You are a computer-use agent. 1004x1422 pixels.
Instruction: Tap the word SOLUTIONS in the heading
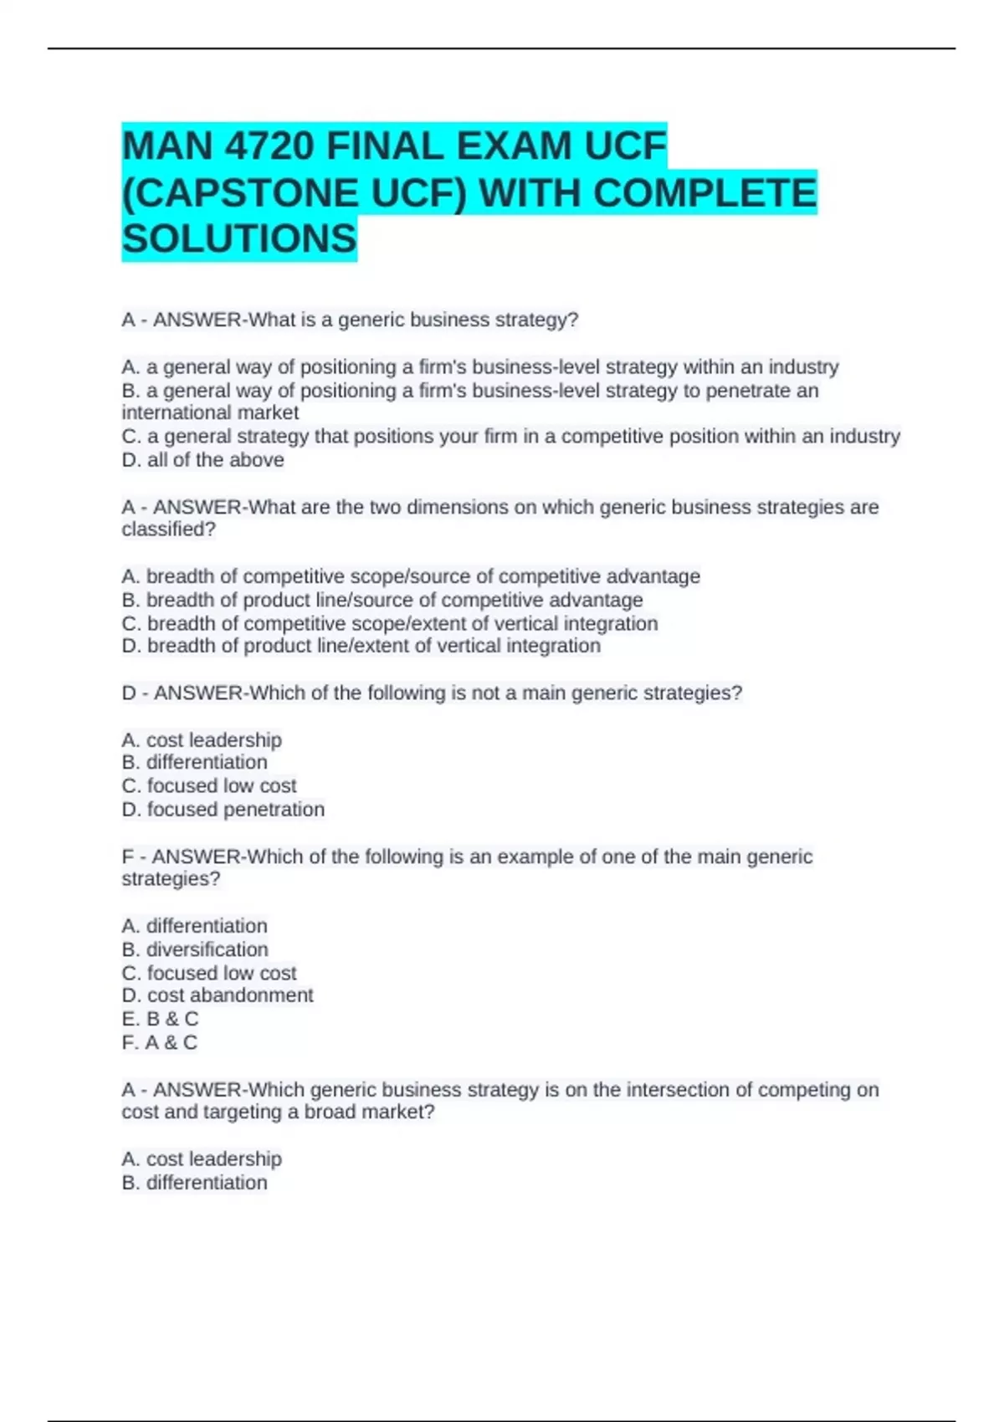pos(239,239)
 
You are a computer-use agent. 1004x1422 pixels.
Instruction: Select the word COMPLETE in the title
pos(704,193)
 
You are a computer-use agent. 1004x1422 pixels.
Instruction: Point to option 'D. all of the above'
pos(202,460)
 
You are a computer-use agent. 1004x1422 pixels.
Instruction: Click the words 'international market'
pos(210,413)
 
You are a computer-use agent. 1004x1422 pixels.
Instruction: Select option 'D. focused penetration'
pos(223,810)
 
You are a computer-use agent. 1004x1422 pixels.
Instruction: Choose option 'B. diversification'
pos(195,949)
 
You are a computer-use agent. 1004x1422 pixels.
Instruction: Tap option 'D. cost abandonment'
pos(218,995)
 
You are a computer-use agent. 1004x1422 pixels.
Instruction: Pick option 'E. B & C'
pos(160,1019)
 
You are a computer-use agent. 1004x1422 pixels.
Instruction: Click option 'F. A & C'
pos(159,1042)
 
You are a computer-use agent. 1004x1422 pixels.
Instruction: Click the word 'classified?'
pos(169,529)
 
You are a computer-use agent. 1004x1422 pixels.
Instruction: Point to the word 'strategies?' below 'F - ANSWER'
pos(171,879)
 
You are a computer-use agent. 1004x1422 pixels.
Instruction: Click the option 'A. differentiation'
pos(194,926)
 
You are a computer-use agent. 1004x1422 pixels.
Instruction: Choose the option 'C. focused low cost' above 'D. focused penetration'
pos(209,786)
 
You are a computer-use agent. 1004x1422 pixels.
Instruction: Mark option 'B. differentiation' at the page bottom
pos(194,1183)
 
